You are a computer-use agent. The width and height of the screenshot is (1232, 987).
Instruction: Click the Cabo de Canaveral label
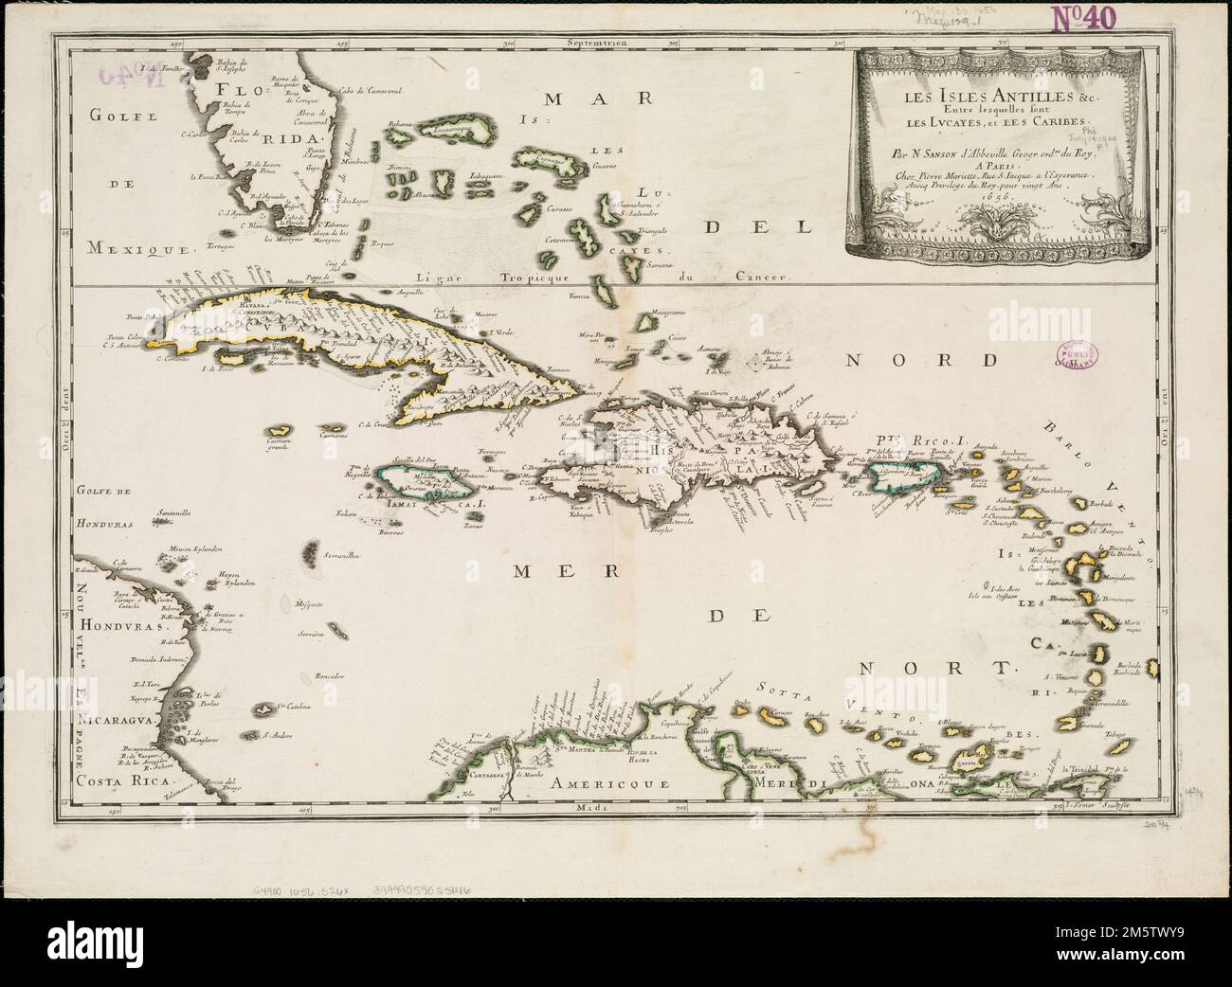coord(365,91)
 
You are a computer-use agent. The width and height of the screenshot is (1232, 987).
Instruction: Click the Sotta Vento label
coord(795,690)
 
